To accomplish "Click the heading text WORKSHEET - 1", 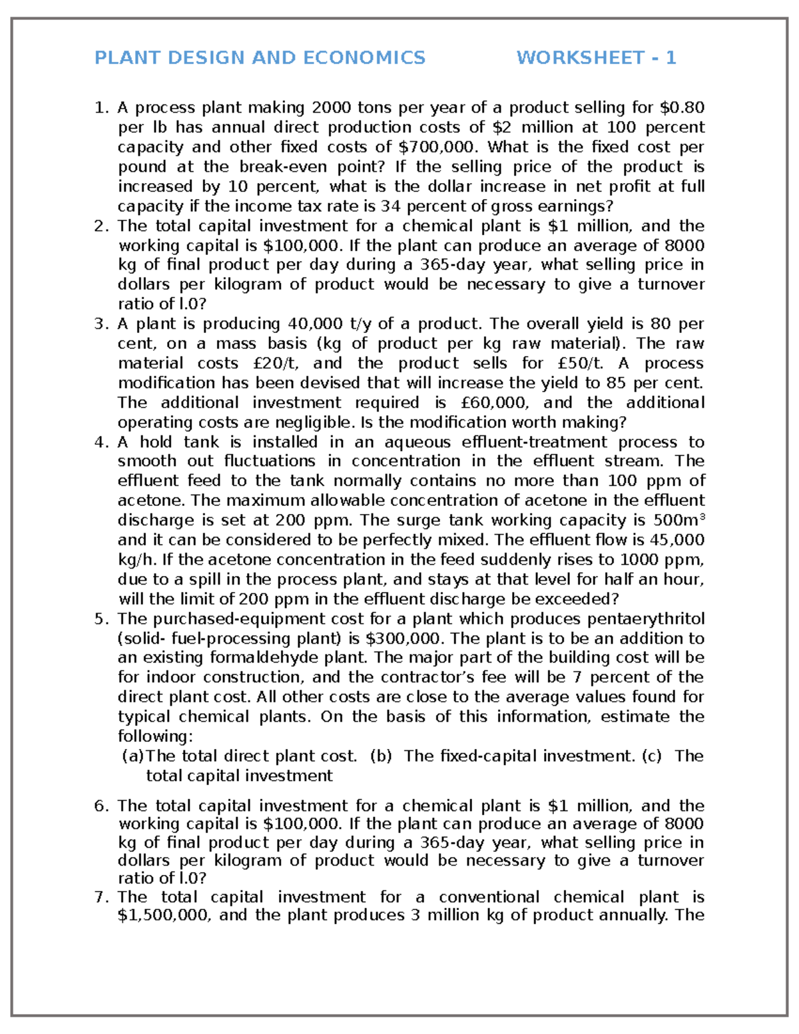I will (596, 58).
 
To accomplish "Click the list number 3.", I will (101, 324).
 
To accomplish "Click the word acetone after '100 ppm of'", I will (149, 501).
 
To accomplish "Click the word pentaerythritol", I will (645, 619).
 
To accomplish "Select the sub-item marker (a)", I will (133, 756).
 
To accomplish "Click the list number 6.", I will (101, 806).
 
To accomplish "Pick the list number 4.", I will (101, 443).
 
